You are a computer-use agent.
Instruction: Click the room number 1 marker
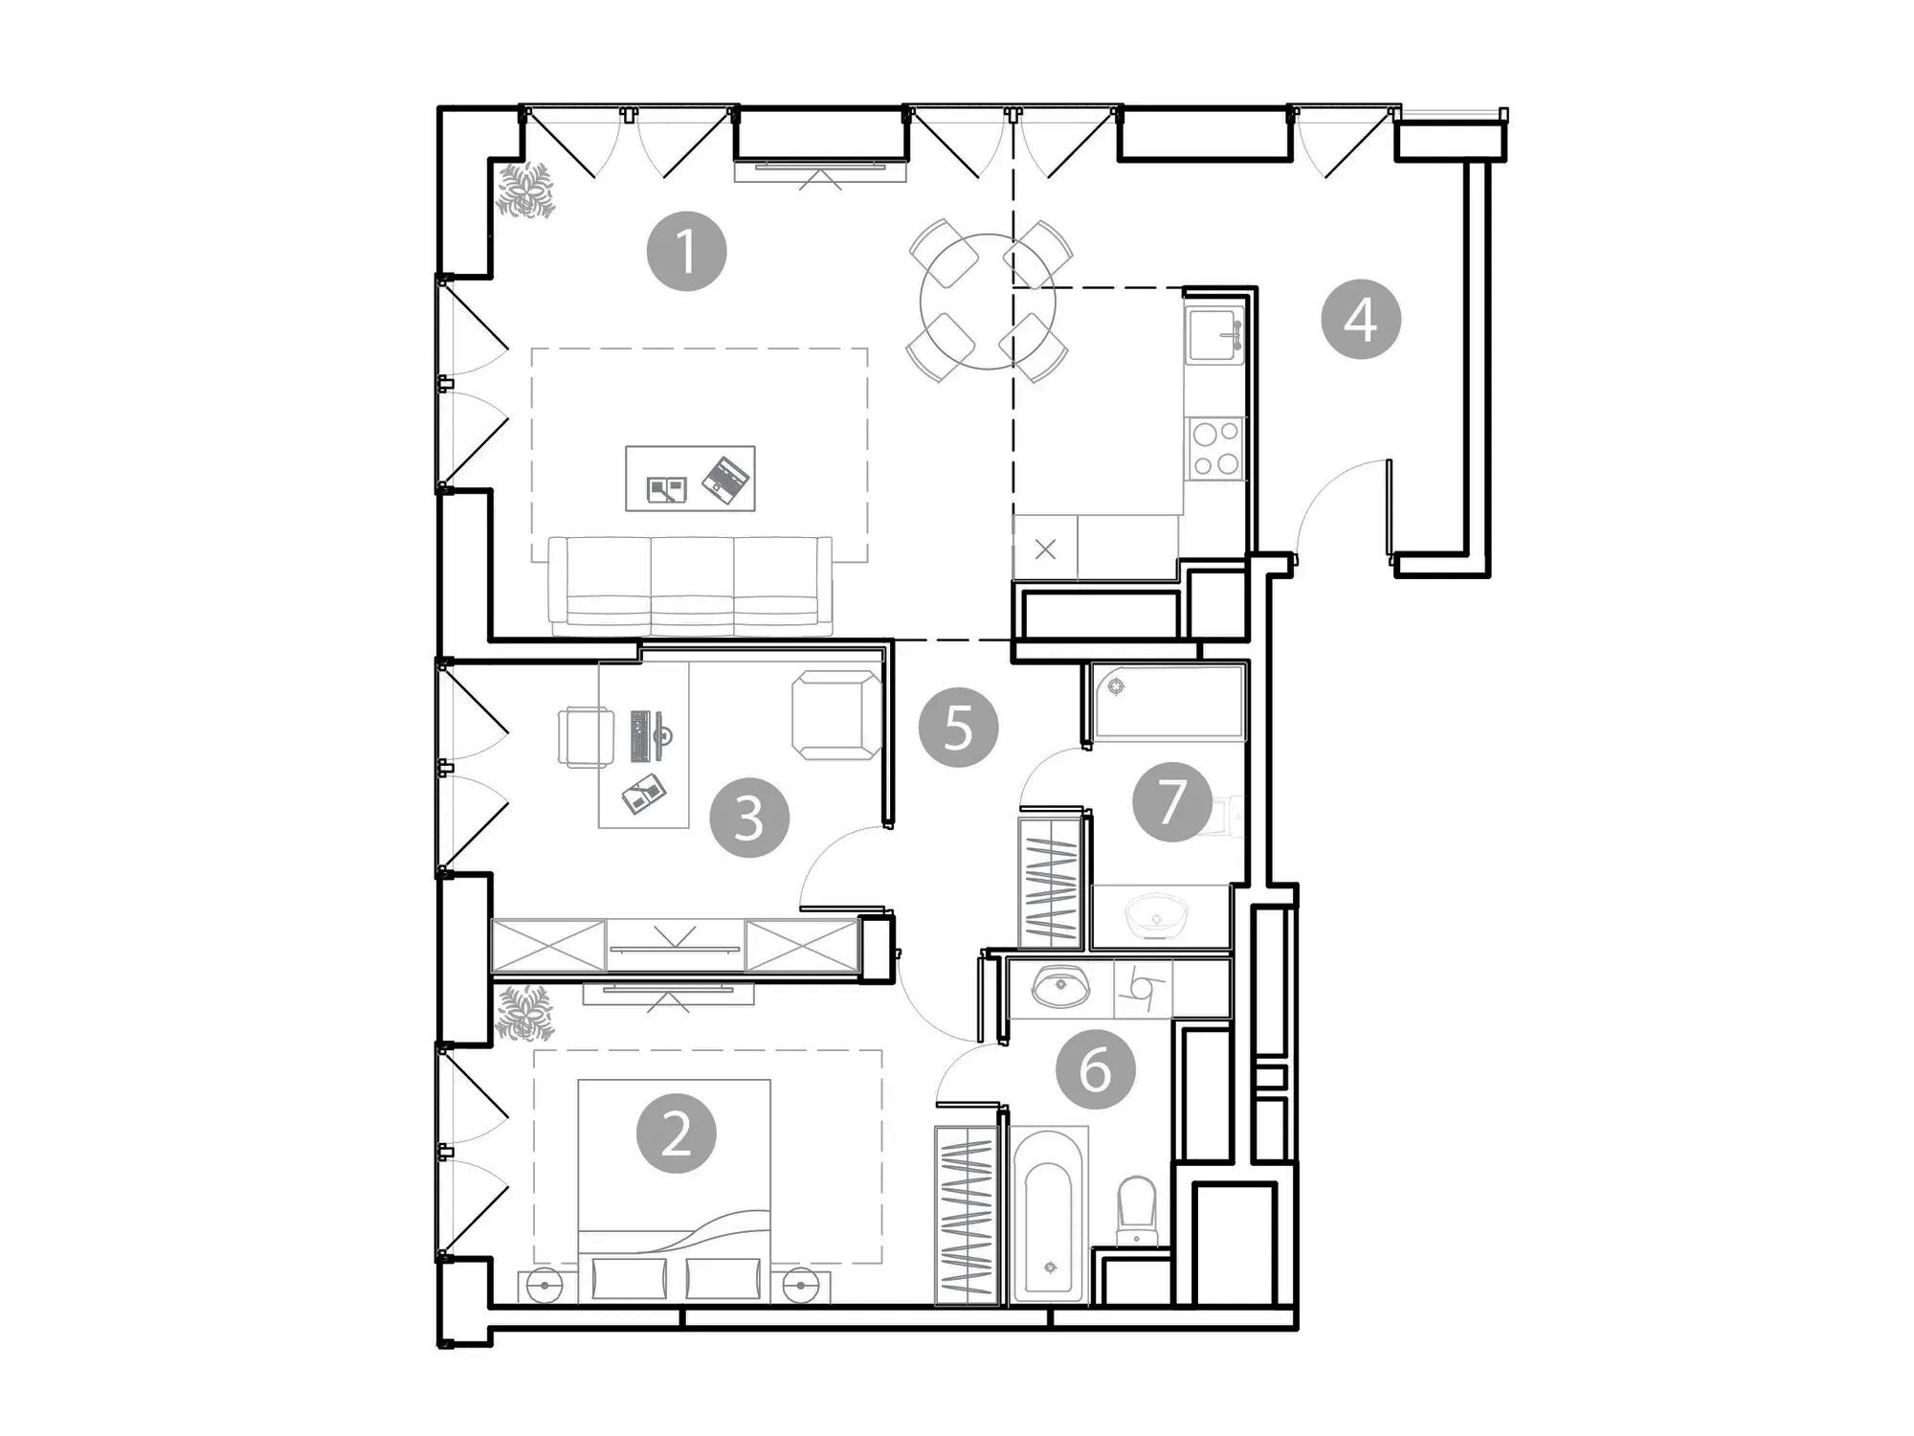point(686,251)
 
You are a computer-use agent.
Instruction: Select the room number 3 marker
point(749,818)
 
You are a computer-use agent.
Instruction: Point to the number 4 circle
point(1361,319)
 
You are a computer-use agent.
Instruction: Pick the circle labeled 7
point(1171,801)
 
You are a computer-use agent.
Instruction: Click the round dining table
point(988,302)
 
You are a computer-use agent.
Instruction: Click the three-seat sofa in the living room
point(690,586)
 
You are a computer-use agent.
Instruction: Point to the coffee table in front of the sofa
point(690,478)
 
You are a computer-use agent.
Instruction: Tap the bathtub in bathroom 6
point(1050,1215)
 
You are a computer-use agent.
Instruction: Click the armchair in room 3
point(836,715)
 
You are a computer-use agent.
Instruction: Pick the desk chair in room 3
point(585,736)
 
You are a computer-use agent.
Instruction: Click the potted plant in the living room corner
point(525,191)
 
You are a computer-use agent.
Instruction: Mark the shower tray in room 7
point(1169,703)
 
